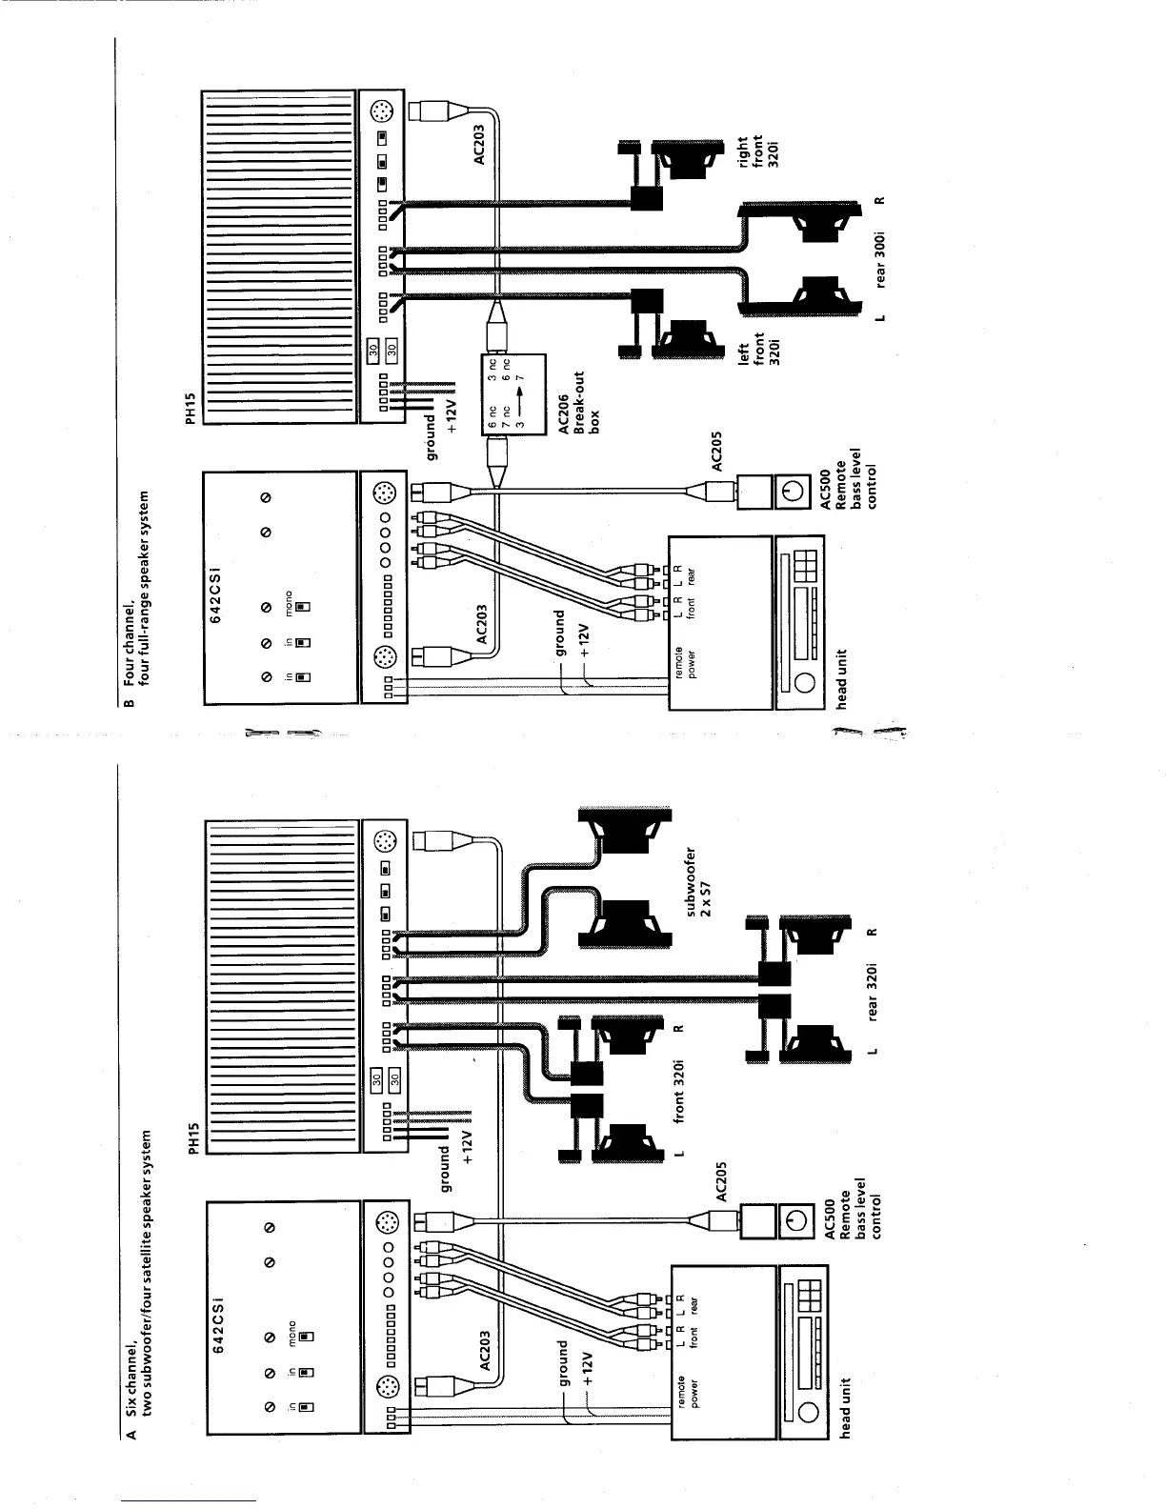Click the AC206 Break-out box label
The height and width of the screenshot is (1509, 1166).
point(577,403)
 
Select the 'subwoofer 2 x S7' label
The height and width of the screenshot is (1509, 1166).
point(699,881)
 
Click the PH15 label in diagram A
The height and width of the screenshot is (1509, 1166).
point(194,1138)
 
